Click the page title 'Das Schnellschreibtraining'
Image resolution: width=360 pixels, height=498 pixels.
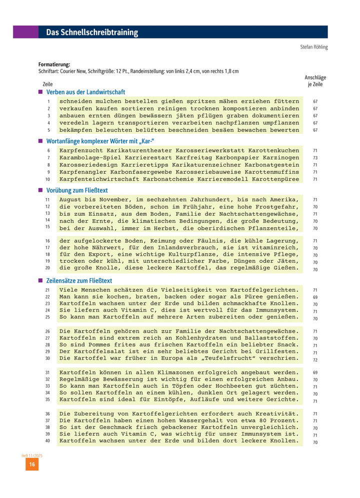tap(92, 32)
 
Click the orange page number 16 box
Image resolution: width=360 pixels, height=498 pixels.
tap(32, 464)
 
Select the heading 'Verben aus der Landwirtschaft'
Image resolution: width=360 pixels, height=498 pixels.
tap(85, 92)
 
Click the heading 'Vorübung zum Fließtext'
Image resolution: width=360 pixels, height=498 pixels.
tap(77, 190)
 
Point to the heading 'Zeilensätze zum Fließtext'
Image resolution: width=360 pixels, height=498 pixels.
tap(79, 281)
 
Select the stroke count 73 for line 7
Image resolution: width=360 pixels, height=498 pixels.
tap(315, 158)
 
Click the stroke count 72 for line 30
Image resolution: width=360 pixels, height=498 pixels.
tap(315, 360)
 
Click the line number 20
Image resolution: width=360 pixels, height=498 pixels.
tap(47, 268)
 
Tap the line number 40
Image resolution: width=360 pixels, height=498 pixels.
tap(47, 441)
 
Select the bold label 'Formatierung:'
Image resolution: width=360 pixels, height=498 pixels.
tap(54, 64)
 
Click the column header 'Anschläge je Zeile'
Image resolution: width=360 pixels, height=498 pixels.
tap(315, 81)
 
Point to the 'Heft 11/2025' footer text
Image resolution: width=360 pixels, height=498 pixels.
tap(32, 456)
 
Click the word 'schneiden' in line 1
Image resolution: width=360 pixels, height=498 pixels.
tap(77, 101)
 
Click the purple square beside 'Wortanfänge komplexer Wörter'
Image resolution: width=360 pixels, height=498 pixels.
tap(40, 141)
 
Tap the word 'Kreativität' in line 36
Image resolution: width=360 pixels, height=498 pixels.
tap(276, 414)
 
